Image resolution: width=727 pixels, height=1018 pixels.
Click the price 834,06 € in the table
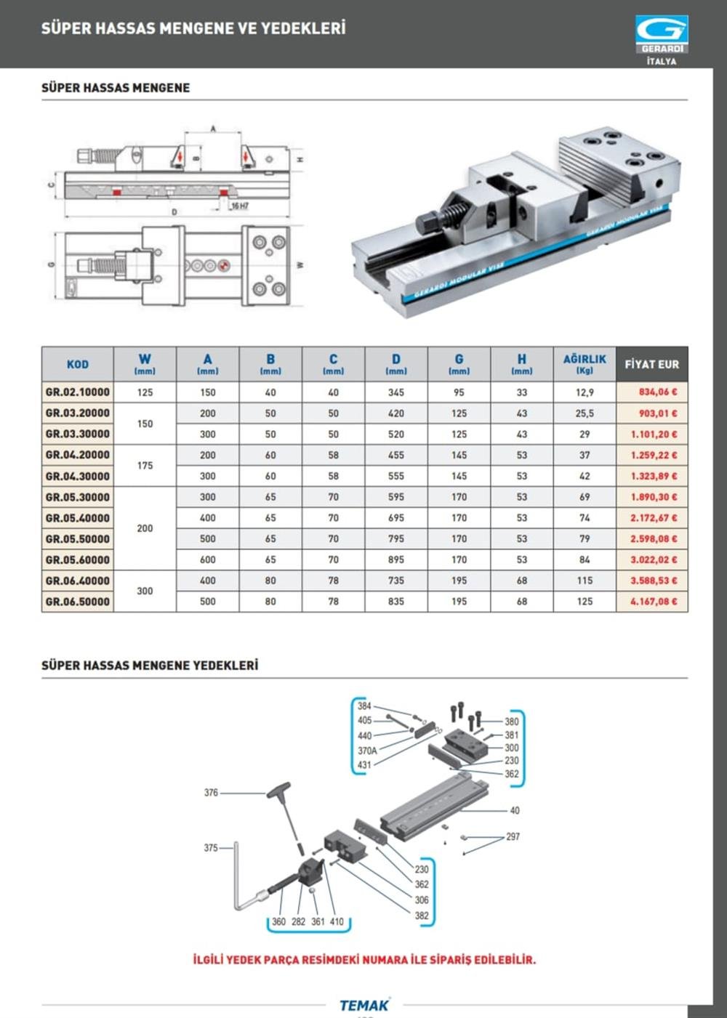click(657, 392)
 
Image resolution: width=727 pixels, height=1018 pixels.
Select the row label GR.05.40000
click(78, 518)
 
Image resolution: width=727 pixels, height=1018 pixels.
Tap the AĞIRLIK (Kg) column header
click(585, 364)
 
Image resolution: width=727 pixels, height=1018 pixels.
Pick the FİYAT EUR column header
click(651, 364)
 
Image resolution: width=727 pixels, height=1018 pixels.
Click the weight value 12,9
click(585, 392)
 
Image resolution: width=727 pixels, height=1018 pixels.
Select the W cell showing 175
click(145, 466)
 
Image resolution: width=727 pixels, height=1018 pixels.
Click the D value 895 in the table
click(396, 560)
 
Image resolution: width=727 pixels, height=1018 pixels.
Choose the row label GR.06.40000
click(78, 581)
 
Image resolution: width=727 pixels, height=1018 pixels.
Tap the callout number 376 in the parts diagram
click(211, 793)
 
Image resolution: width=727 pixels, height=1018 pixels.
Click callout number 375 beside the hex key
click(211, 848)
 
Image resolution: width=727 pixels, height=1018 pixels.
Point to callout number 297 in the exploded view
click(513, 837)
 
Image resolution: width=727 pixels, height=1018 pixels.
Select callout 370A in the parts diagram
click(367, 751)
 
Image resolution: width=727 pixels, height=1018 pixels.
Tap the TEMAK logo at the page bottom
click(364, 1006)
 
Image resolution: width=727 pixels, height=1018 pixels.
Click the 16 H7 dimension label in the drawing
click(239, 206)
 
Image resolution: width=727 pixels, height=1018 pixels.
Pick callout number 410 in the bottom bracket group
click(337, 921)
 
